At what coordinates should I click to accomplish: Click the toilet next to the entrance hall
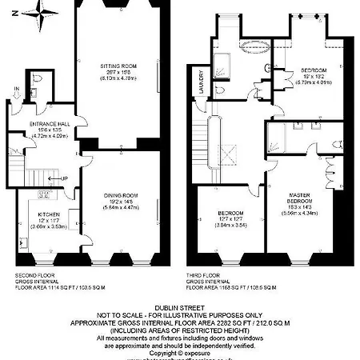tap(41, 80)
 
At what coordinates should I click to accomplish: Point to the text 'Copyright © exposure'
tap(179, 352)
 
